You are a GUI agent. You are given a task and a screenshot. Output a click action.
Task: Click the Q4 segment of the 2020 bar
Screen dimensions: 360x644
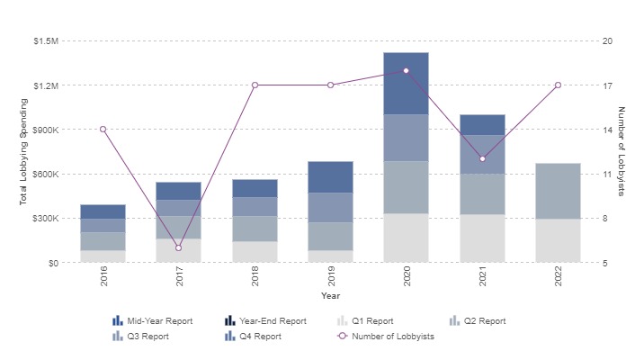(x=406, y=83)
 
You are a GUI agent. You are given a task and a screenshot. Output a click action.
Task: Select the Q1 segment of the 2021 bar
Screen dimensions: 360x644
(x=482, y=238)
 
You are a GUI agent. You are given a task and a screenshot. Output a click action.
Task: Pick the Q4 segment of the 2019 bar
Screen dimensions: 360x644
(x=330, y=177)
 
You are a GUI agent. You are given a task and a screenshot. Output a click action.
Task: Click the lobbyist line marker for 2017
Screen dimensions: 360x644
(x=178, y=247)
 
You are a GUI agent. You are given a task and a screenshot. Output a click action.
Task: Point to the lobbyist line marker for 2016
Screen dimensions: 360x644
(x=103, y=130)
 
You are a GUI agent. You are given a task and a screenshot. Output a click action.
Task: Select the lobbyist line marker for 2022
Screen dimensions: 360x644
(x=558, y=85)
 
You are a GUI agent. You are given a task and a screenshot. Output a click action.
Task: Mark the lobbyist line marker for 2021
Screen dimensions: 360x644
(x=482, y=158)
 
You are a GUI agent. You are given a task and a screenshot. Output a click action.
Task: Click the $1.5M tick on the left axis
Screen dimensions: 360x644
(x=45, y=41)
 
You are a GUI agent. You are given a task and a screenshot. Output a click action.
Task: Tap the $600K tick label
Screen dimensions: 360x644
(x=44, y=175)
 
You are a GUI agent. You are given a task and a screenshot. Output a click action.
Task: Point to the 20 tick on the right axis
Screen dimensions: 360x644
(x=608, y=41)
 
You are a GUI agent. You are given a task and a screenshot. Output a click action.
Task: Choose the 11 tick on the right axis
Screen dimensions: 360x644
(x=608, y=175)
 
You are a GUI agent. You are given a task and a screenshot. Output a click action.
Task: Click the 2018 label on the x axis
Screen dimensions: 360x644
(x=255, y=282)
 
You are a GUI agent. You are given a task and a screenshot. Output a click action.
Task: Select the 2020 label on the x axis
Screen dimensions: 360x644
(x=407, y=282)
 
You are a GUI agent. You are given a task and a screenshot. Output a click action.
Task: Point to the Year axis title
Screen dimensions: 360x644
(x=330, y=295)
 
